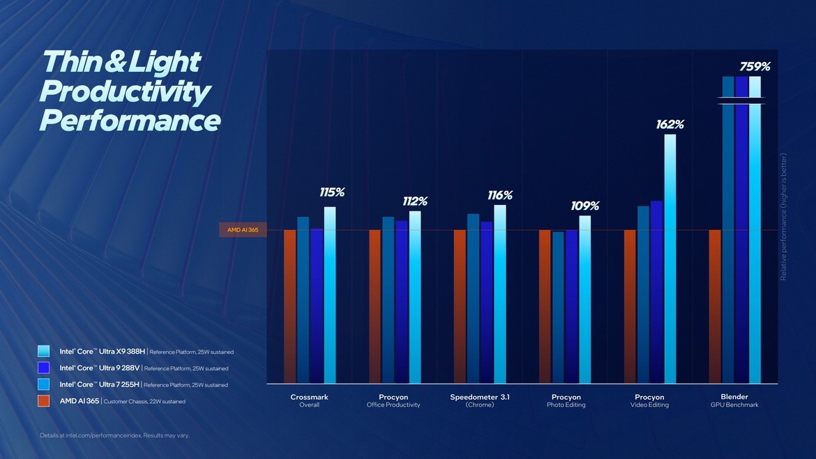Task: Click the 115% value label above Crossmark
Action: tap(333, 193)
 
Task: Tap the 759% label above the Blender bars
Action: tap(755, 67)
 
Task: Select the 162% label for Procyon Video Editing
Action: tap(670, 125)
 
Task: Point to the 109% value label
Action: tap(585, 206)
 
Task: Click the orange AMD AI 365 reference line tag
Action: tap(243, 229)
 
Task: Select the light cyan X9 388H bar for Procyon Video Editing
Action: tap(670, 258)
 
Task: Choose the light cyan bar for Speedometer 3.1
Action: tap(500, 293)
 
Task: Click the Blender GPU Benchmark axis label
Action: tap(734, 400)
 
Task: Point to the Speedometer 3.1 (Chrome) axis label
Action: tap(479, 400)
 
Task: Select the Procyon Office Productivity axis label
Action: tap(393, 400)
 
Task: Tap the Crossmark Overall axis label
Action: tap(309, 400)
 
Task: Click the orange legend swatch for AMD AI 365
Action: tap(44, 401)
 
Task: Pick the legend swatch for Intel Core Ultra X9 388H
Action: tap(44, 351)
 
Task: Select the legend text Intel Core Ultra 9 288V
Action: tap(100, 368)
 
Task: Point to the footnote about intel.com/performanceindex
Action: tap(114, 435)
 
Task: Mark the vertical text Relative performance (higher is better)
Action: tap(783, 217)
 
